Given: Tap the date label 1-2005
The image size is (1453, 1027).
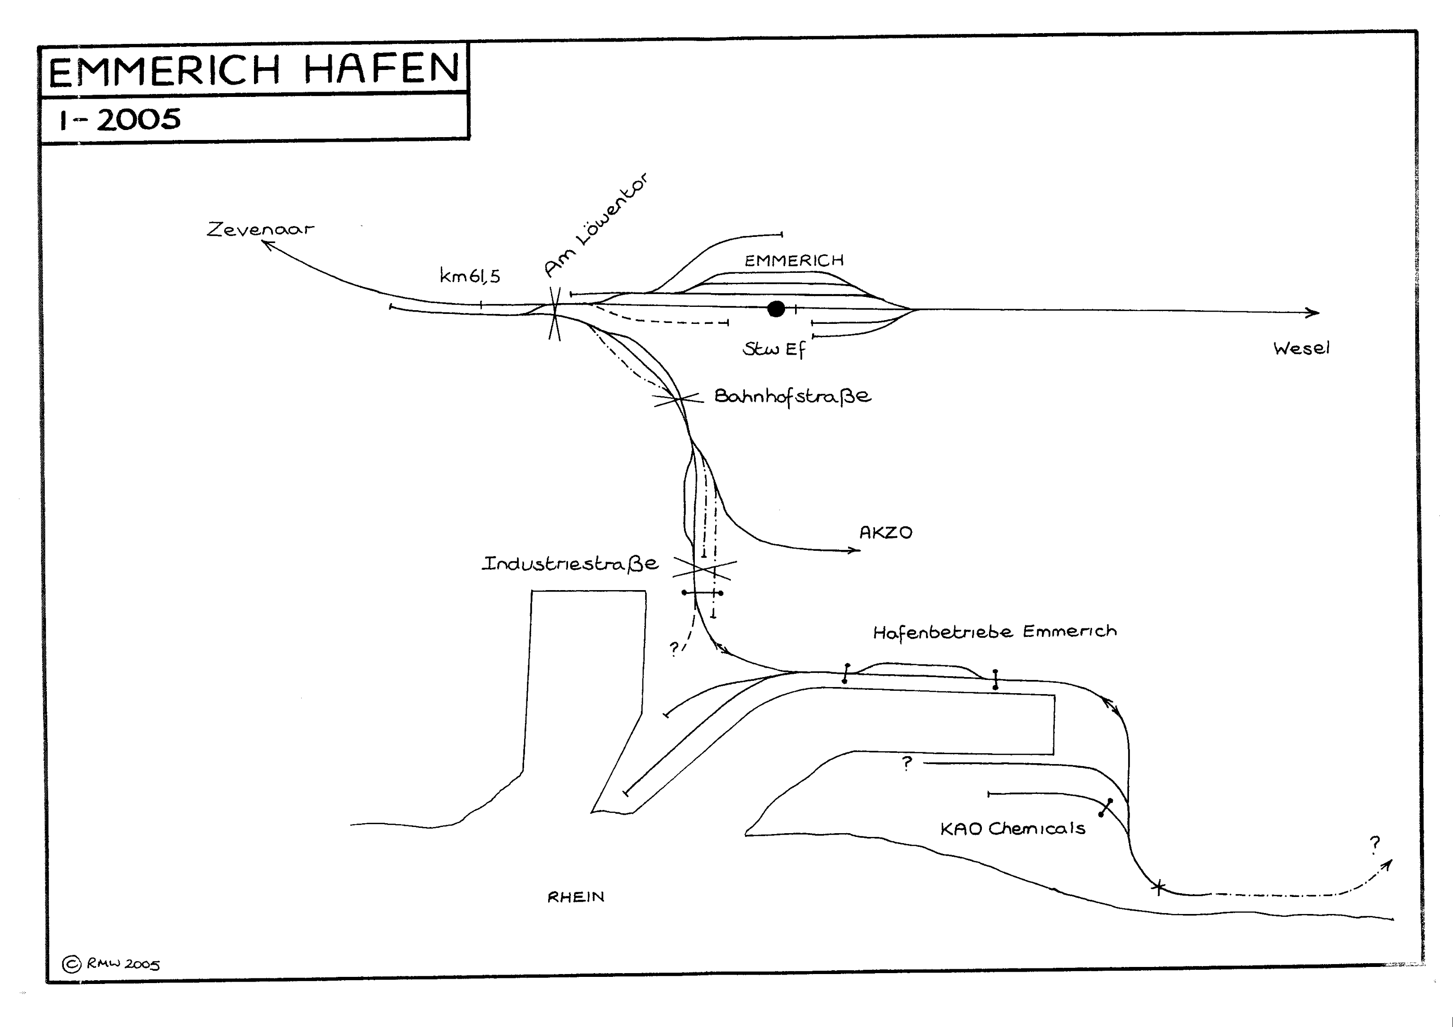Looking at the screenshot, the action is click(120, 119).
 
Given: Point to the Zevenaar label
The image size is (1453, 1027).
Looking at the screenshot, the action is click(260, 228).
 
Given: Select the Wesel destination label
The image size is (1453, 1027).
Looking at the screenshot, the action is click(1301, 348).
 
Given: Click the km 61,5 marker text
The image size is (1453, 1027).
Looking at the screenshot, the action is click(470, 276).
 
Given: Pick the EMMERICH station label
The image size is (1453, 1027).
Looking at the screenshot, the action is click(794, 260).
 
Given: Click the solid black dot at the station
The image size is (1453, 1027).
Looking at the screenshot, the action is click(776, 309).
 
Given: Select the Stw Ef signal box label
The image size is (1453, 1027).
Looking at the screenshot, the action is click(774, 349).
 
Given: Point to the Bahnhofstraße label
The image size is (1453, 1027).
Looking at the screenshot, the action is click(792, 397).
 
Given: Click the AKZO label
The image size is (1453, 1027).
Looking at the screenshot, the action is click(885, 533).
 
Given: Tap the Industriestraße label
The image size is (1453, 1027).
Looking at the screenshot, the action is click(570, 563).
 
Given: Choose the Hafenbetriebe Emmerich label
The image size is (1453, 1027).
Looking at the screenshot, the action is click(994, 632).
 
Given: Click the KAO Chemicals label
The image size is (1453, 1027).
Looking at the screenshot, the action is click(1013, 828).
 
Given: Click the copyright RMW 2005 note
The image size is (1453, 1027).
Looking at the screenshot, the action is click(111, 964).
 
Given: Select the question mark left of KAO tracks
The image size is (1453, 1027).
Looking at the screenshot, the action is click(907, 763).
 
